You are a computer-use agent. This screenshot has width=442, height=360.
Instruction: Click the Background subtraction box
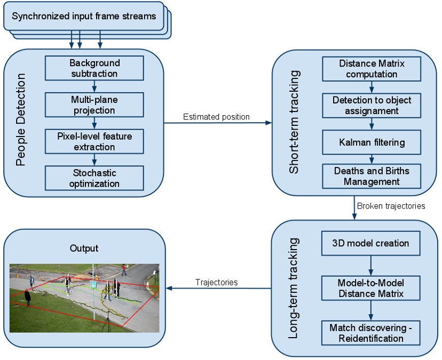94,68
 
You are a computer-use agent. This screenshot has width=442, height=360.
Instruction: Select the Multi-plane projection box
94,105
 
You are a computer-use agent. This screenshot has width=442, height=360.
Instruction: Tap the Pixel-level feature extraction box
94,141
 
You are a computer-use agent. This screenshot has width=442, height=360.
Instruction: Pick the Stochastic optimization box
94,178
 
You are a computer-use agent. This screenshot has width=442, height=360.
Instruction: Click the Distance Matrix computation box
372,69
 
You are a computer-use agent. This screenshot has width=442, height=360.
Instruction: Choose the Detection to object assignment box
372,106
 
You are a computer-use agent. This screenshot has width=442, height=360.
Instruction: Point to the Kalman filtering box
372,142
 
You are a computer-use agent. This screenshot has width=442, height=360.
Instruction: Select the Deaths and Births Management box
372,176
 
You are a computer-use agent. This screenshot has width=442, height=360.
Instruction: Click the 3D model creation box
370,243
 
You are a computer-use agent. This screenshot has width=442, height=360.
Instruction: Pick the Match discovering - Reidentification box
370,332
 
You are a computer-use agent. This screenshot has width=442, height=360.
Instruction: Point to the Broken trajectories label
391,206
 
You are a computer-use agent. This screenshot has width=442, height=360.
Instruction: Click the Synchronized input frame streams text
84,16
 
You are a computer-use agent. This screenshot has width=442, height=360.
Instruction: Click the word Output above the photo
84,249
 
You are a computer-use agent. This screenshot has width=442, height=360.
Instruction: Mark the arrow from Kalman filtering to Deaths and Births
372,158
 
